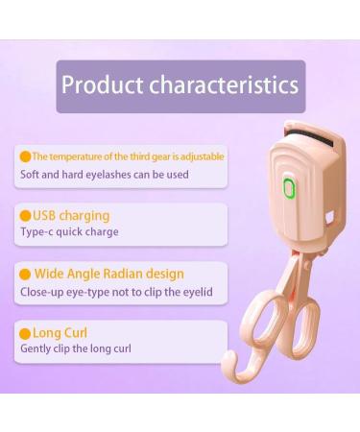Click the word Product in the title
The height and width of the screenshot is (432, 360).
tap(101, 84)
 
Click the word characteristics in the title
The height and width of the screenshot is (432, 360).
tap(222, 84)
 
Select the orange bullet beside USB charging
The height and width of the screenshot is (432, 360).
tap(26, 215)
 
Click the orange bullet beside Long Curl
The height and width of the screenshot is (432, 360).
tap(26, 333)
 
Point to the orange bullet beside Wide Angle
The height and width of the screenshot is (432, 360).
tap(26, 274)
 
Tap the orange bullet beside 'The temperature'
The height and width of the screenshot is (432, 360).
tap(26, 156)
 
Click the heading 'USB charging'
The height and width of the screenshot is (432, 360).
tap(71, 215)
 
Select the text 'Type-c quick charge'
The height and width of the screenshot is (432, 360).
tap(69, 231)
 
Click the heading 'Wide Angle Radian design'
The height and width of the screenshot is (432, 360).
tap(108, 274)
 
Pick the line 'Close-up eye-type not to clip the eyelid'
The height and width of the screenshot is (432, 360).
tap(116, 291)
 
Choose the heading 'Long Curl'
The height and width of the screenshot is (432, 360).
tap(60, 333)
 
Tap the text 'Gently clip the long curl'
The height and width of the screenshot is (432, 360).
tap(76, 348)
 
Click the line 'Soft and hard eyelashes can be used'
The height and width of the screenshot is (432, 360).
tap(105, 174)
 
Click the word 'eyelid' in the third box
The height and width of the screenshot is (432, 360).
tap(197, 291)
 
